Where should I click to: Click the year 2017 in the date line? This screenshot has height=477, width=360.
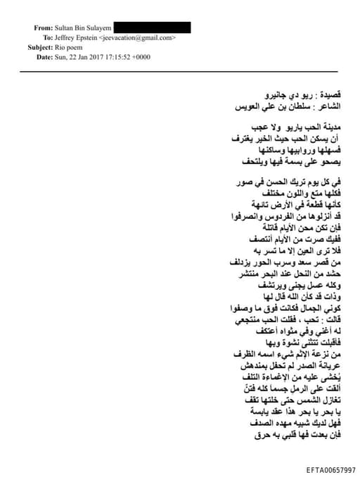pos(105,57)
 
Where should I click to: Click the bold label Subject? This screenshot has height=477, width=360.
pos(39,47)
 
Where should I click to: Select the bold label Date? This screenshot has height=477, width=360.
pos(44,57)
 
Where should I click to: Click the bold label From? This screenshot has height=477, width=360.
pos(43,27)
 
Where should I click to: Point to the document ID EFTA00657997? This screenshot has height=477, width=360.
pos(330,469)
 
